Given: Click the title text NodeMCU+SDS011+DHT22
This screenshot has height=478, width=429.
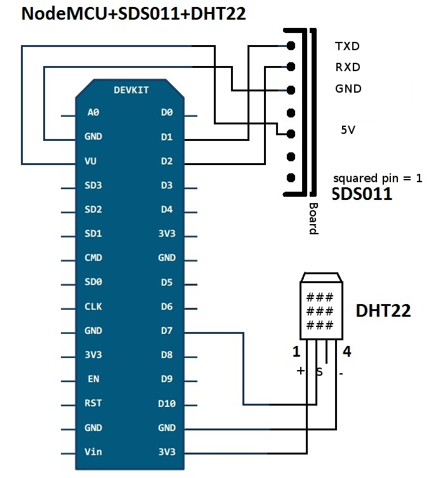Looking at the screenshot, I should coord(133,14).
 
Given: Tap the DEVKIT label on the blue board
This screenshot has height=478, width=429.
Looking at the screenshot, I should coord(131,90).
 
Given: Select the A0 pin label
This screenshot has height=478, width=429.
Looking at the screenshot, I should coord(93,112).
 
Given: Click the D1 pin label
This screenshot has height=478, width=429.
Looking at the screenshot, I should coord(167,136).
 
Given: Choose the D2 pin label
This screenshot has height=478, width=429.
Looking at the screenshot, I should coord(167,161).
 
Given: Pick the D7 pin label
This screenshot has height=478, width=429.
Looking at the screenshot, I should coord(167,331).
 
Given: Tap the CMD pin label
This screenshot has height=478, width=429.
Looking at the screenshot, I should coord(93,258).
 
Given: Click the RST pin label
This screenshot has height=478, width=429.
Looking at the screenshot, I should coord(93,403).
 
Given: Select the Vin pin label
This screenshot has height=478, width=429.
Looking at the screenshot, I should coord(93,452).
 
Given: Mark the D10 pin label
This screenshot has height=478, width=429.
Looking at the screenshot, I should coord(167,403).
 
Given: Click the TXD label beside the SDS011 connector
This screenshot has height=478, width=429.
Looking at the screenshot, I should coord(347,46).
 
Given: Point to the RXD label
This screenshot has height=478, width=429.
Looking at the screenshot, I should coord(347,67).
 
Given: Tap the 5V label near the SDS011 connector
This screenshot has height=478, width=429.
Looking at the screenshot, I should coord(348,129).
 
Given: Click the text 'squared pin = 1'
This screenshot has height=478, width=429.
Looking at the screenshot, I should coord(378,178).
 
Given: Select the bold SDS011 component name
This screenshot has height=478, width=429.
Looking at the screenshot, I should coord(362,194).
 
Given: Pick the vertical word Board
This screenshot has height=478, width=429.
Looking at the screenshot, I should coord(313,218).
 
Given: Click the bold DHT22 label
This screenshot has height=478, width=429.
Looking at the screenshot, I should coord(383,310).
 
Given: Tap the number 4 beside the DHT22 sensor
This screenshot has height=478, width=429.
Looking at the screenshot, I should coord(347,351).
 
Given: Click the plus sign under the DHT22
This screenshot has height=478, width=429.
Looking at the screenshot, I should coord(300,371).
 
